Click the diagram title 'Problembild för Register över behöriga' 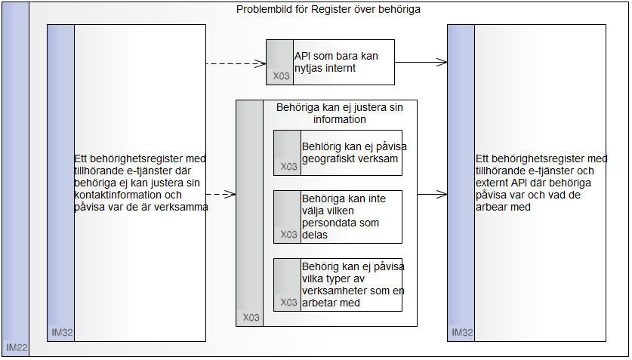[328, 10]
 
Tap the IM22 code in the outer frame [17, 348]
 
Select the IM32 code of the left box [61, 332]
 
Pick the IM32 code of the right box [461, 332]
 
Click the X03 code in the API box [280, 76]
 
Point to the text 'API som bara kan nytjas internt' [336, 62]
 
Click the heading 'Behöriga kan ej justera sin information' [340, 113]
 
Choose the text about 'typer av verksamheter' [351, 285]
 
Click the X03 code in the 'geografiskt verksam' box [288, 167]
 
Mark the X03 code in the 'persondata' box [288, 235]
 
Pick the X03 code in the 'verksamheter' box [288, 303]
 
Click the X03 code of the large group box [250, 318]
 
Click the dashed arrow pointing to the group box [220, 194]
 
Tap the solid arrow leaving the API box [421, 62]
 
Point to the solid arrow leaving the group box [432, 194]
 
